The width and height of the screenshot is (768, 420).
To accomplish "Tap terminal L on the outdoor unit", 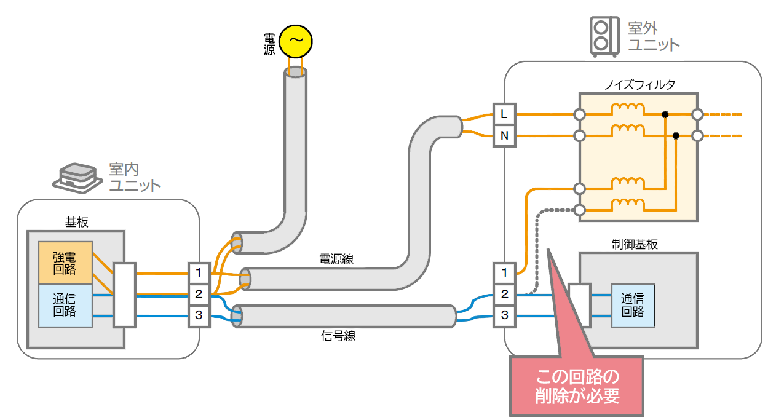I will (x=504, y=114).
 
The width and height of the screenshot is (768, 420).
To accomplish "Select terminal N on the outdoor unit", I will (x=504, y=136).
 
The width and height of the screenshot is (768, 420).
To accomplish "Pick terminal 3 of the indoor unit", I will (x=199, y=317).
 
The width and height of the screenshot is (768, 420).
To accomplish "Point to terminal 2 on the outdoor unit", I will (x=504, y=295).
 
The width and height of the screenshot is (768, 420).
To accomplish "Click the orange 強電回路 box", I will (x=65, y=263).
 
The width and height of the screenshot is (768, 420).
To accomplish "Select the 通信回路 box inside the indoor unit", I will (x=65, y=305).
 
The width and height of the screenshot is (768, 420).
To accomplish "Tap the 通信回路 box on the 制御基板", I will (x=632, y=305).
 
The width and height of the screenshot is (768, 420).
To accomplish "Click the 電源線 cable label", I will (x=336, y=260).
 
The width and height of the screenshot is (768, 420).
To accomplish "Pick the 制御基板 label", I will (x=637, y=244).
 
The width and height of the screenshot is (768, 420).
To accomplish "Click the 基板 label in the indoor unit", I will (x=77, y=222).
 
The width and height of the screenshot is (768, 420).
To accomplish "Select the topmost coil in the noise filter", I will (x=627, y=109).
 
